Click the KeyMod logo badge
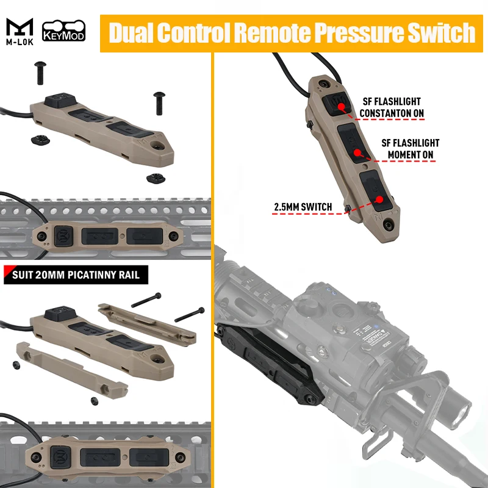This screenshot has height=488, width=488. point(63,30)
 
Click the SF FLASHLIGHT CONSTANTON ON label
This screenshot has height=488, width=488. point(391,107)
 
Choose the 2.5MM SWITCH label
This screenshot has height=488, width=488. point(303,207)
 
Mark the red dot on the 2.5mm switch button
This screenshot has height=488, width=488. point(379,199)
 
